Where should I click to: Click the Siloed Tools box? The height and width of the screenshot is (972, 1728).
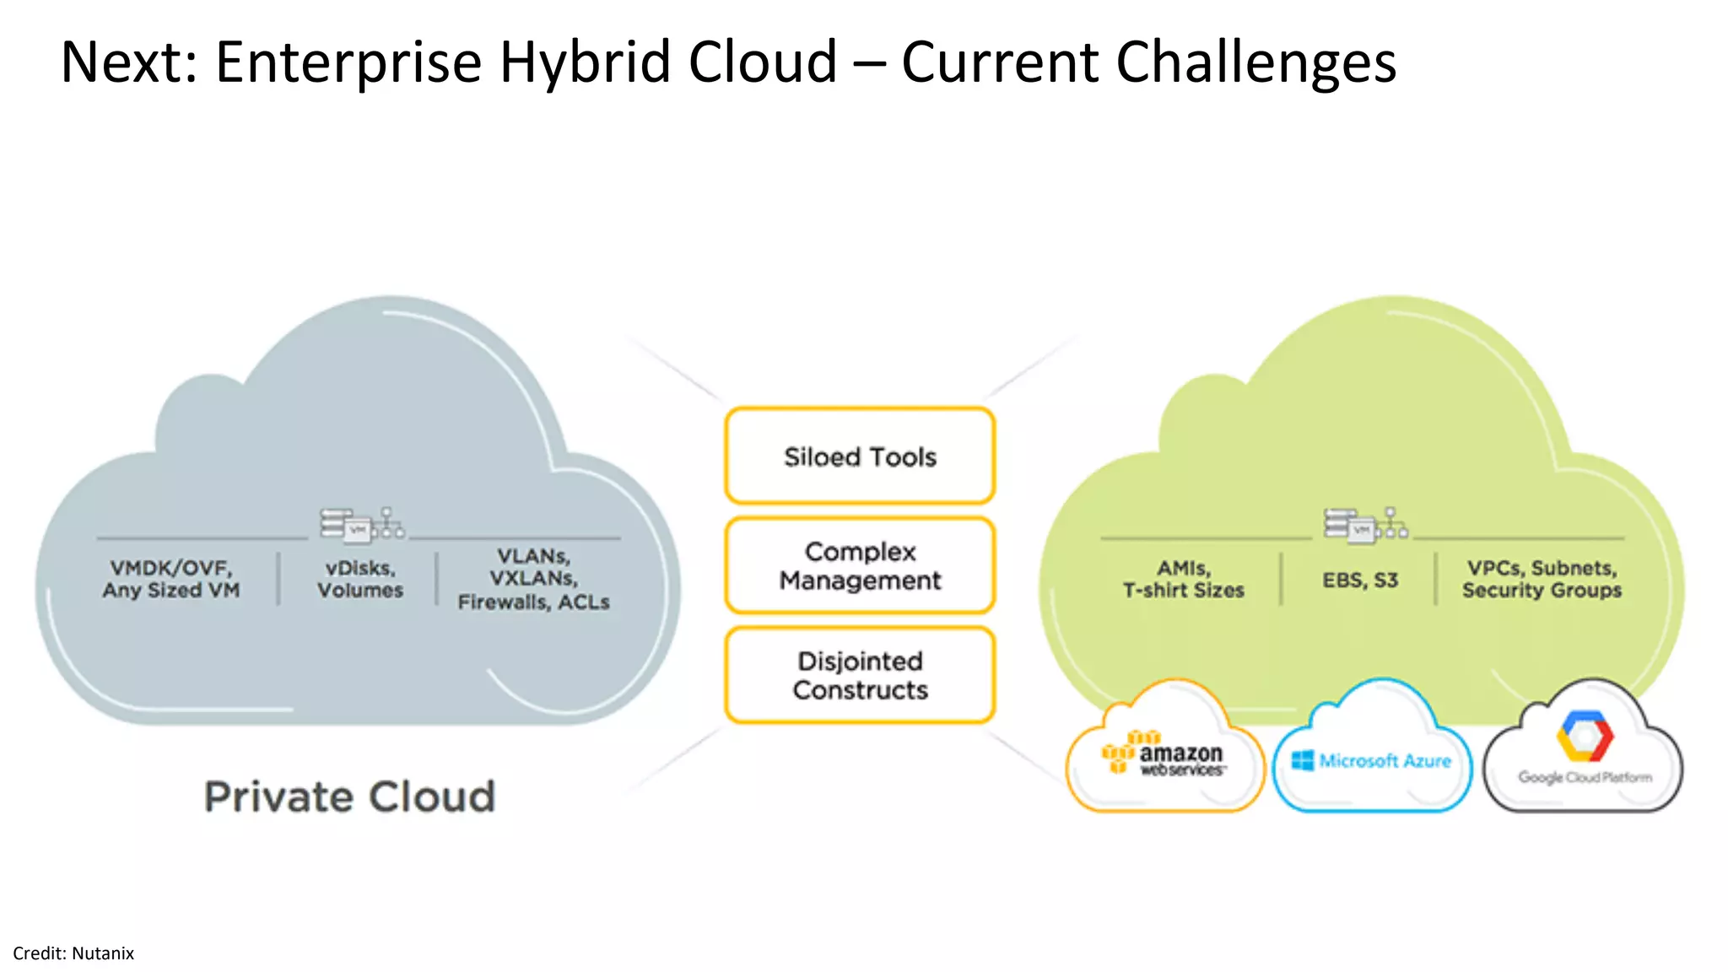860,456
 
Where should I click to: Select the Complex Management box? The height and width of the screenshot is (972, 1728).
860,565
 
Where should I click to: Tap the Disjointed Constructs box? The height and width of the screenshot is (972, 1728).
860,675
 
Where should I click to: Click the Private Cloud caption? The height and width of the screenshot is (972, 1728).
349,796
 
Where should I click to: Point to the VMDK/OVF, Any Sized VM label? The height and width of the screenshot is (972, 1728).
171,579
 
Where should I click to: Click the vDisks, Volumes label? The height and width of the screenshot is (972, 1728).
360,579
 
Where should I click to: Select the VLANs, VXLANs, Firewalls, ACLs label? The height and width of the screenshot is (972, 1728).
533,579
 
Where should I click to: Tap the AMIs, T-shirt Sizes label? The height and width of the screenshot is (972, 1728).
1183,579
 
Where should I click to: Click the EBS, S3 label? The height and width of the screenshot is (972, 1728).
1360,580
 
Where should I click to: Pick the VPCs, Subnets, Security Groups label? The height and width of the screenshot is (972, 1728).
1542,579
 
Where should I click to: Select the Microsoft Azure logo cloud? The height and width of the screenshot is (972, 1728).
1372,755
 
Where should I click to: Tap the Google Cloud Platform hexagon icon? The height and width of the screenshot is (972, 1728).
1585,736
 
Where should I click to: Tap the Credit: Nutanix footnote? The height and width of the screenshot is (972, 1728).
73,953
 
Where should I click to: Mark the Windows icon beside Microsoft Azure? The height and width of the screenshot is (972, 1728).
1303,760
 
